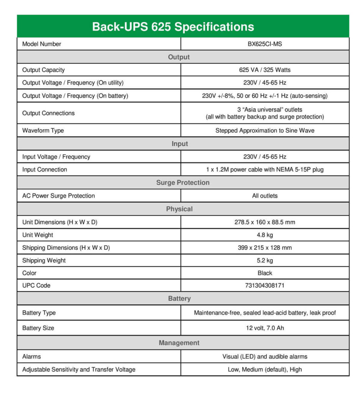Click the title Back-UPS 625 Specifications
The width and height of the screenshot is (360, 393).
173,27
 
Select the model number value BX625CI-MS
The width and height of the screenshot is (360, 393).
265,44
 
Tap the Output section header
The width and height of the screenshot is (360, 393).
179,57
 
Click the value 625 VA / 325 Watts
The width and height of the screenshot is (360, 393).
265,70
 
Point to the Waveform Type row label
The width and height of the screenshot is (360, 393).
43,130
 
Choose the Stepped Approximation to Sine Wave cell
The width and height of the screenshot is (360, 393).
265,130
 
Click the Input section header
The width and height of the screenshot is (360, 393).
179,144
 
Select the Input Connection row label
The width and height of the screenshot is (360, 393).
44,170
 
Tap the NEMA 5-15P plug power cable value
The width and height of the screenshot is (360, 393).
265,170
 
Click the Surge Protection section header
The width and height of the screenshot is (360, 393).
182,183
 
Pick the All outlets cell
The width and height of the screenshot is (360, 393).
265,196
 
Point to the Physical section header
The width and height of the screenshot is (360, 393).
179,209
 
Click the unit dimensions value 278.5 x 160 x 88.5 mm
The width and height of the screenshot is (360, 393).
265,222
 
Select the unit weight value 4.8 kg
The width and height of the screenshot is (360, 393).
265,235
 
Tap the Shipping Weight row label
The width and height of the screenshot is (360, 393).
44,261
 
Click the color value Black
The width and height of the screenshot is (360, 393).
265,273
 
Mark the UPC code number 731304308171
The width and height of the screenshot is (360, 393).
265,286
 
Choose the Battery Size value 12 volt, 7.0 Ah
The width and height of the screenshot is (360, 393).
265,328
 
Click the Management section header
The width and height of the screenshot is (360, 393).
179,343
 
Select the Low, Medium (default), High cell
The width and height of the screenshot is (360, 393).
265,370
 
